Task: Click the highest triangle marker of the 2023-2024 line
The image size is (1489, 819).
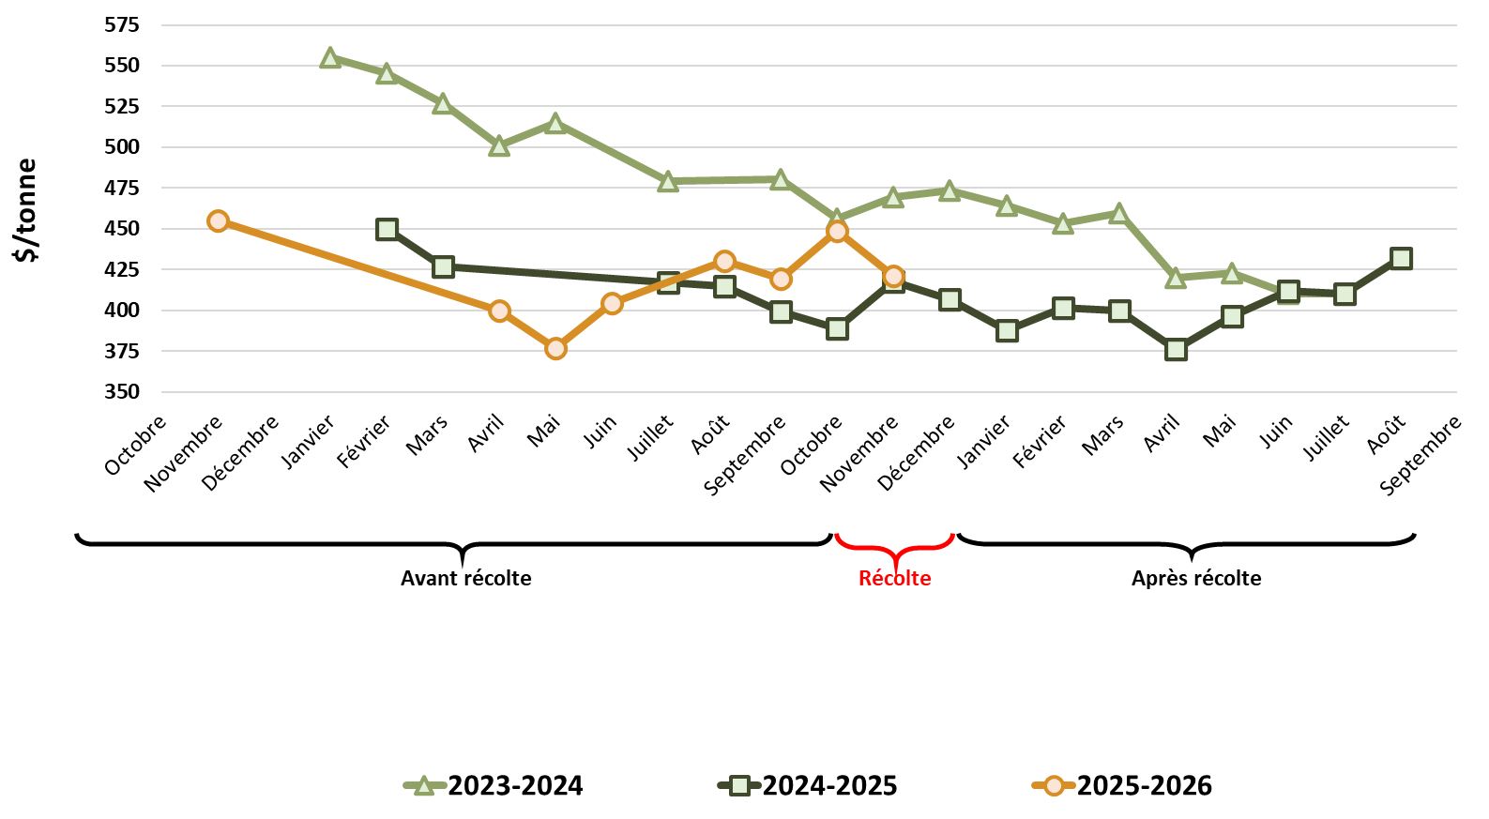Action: point(329,58)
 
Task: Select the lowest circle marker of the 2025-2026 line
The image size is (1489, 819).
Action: point(555,348)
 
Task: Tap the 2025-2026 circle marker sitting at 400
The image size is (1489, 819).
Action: point(499,311)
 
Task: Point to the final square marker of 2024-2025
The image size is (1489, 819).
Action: point(1401,258)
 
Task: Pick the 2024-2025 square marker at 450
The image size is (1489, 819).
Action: point(387,229)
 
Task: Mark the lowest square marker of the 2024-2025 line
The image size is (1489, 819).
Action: point(1176,350)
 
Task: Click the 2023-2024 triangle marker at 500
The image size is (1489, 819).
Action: point(499,145)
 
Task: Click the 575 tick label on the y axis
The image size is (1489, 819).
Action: point(122,24)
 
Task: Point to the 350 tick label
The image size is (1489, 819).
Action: point(122,391)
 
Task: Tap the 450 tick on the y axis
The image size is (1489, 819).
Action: point(122,228)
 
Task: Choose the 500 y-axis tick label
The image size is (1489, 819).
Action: point(122,146)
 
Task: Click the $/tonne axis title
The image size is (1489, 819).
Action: point(26,209)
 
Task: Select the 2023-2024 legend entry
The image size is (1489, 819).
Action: point(494,785)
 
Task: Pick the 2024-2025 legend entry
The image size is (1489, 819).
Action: point(808,785)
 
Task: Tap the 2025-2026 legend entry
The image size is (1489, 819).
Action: point(1122,785)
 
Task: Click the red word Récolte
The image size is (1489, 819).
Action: point(894,578)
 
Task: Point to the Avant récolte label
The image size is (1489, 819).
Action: point(465,578)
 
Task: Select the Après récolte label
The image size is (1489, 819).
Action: point(1195,578)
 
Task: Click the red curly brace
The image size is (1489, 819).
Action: point(894,545)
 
